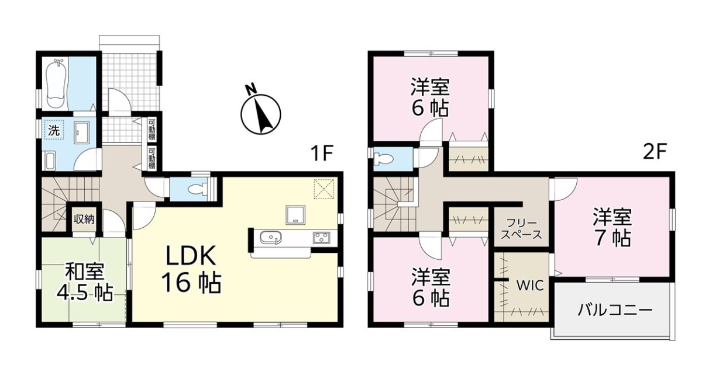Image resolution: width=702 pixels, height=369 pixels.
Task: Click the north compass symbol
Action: pos(260,112)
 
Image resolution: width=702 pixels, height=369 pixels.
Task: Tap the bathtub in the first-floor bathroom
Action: pos(57,83)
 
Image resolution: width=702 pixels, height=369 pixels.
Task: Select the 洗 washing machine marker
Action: pos(54,130)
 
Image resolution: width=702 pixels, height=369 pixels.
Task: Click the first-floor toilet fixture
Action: pos(198,189)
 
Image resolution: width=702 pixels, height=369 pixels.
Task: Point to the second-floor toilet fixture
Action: pos(383,159)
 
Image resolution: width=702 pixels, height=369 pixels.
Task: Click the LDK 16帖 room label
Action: pos(191,270)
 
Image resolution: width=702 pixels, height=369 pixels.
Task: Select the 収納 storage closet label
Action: pos(84,219)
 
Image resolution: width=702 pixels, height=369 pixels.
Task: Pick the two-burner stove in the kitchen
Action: pos(321,238)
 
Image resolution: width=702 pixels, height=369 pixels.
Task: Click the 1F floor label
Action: pos(321,153)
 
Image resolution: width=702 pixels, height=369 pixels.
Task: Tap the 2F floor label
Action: pos(655,153)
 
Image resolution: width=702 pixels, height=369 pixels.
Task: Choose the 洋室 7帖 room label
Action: pos(612,227)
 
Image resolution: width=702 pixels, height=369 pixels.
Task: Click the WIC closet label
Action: pos(530,286)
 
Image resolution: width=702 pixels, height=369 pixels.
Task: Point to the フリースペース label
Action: pos(521,229)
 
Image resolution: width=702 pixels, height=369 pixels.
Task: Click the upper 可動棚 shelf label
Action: pos(152,129)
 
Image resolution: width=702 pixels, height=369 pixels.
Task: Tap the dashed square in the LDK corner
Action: pos(324,189)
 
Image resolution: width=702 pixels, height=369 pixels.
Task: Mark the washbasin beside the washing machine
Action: pos(82,133)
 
